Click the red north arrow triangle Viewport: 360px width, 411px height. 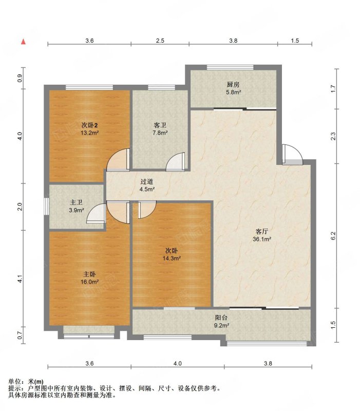point(23,42)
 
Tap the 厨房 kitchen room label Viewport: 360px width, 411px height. point(233,84)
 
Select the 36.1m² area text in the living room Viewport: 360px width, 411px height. point(262,239)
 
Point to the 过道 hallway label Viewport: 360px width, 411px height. point(147,181)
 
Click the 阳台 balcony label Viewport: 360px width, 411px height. point(221,317)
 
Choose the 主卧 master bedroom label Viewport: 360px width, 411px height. point(89,274)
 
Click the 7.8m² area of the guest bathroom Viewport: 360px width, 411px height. point(160,133)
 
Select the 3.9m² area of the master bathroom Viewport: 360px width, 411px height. point(76,210)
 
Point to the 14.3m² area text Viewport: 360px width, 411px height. point(172,258)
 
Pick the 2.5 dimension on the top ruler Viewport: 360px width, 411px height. point(160,41)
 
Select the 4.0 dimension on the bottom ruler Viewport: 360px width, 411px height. point(177,363)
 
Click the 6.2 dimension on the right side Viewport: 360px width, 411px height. point(333,236)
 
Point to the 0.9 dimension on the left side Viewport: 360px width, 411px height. point(20,78)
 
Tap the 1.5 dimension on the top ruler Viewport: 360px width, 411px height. point(295,41)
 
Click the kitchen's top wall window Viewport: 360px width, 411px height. point(230,67)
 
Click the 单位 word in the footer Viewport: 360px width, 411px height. point(14,382)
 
